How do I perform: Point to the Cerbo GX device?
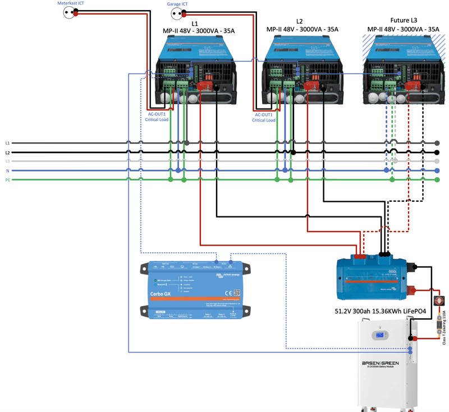pyautogui.click(x=190, y=289)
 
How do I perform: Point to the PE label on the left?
pyautogui.click(x=7, y=180)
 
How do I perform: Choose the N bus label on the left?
pyautogui.click(x=7, y=170)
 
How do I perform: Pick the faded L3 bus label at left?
pyautogui.click(x=7, y=161)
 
